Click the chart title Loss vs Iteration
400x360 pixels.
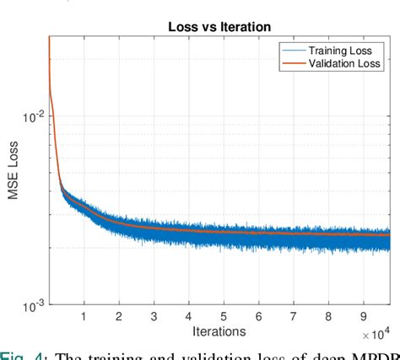click(x=219, y=27)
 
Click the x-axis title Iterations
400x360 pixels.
click(x=219, y=332)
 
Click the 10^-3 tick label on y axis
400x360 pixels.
click(x=30, y=306)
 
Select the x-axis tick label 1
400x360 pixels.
click(x=84, y=317)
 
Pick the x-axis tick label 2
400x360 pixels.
click(x=118, y=317)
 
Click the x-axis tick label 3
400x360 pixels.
click(x=153, y=317)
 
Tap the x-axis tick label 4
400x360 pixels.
click(x=188, y=317)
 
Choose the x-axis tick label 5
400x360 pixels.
click(x=223, y=317)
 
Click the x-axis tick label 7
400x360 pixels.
click(x=293, y=317)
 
